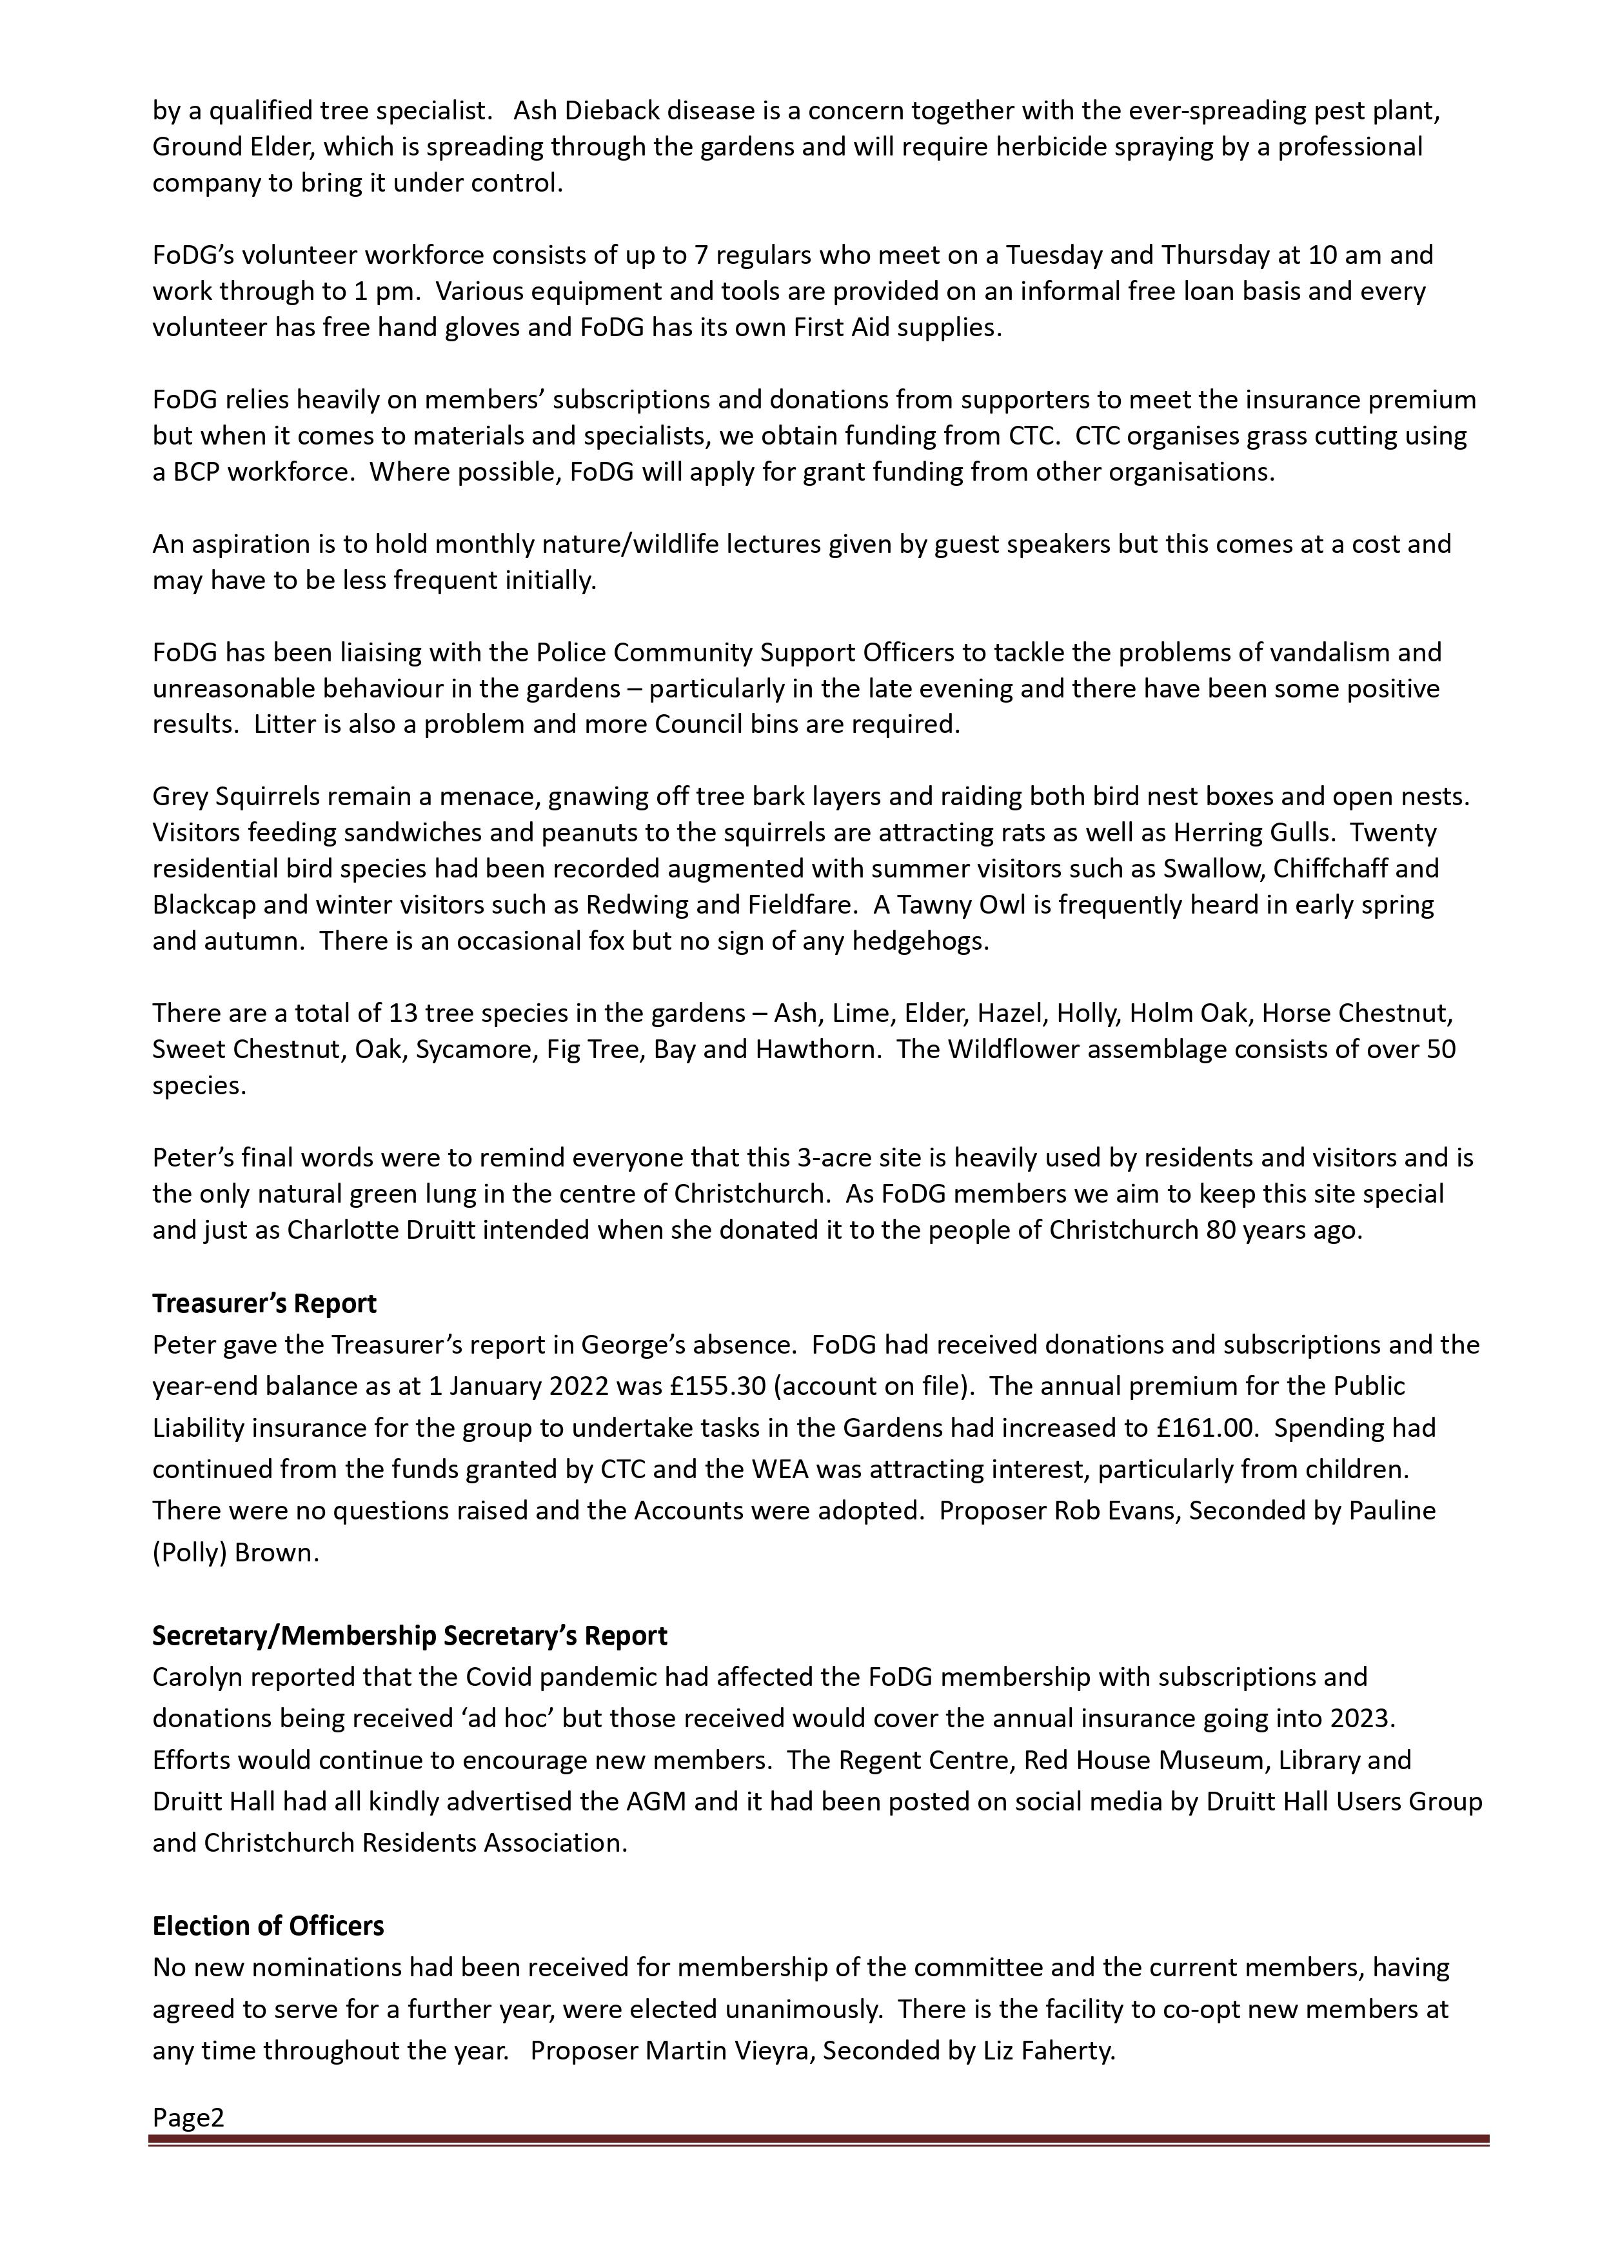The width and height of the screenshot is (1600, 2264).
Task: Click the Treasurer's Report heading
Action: [264, 1303]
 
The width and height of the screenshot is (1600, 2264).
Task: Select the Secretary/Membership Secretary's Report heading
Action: [409, 1636]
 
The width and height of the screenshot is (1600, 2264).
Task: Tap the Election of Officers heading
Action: [268, 1926]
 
